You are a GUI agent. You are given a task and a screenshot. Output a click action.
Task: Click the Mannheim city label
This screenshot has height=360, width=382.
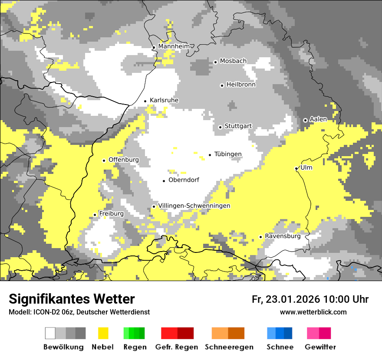point(174,46)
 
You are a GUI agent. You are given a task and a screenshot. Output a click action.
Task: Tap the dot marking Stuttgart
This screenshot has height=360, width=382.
point(221,127)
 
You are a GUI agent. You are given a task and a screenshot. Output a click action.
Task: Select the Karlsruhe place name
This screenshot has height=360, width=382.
point(164,100)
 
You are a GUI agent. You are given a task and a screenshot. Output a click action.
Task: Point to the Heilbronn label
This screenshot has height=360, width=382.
point(241,85)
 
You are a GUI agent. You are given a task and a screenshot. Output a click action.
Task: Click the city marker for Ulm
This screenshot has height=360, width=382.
point(296,168)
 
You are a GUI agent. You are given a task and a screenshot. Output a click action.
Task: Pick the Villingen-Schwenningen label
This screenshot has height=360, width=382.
point(194,206)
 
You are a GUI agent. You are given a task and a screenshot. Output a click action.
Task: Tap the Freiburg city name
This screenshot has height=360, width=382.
point(111,214)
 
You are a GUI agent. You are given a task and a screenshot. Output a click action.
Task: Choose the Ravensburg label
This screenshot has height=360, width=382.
point(283,236)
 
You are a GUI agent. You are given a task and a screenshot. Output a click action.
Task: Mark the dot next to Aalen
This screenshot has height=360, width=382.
point(305,120)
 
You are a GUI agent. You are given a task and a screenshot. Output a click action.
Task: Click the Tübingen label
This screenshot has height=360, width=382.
point(228,154)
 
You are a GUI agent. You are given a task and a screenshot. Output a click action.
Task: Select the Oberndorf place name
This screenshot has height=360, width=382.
point(184,180)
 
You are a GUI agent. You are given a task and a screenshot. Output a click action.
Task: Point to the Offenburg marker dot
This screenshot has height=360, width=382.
point(104,160)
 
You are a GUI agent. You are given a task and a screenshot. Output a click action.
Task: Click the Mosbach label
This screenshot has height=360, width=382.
point(233,61)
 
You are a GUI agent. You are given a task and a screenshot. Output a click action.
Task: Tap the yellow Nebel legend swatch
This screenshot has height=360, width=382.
point(103,333)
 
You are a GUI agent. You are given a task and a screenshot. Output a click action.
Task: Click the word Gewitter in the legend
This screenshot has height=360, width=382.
point(320,347)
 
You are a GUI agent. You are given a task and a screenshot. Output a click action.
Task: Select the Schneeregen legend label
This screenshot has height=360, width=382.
point(229,347)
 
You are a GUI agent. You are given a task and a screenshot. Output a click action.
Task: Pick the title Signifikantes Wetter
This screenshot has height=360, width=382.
point(72,299)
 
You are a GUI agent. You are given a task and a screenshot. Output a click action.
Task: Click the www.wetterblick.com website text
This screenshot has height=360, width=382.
point(313,312)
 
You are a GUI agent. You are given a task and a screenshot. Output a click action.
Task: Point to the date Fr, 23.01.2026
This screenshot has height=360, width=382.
point(286,299)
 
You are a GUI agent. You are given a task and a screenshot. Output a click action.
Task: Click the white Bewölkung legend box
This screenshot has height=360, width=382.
point(50,333)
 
